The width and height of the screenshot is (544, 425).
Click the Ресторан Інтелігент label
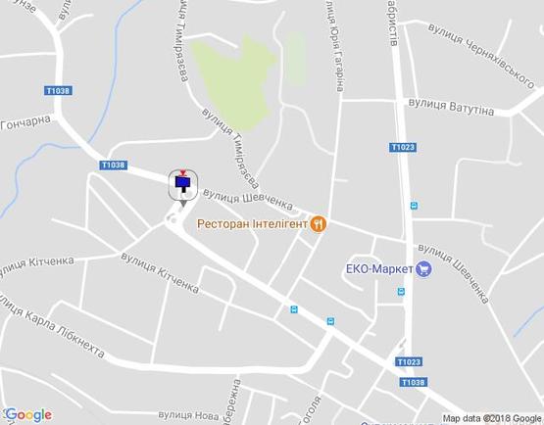pos(253,223)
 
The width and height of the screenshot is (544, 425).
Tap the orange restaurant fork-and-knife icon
pos(319,223)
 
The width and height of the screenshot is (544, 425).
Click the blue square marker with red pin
pos(182,182)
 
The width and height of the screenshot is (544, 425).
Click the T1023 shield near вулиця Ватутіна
pos(402,147)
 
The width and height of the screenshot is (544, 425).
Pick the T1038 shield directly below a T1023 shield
pos(414,382)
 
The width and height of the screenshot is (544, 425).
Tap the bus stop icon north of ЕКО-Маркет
pos(413,206)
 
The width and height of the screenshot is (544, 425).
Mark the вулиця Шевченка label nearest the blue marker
pos(249,199)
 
